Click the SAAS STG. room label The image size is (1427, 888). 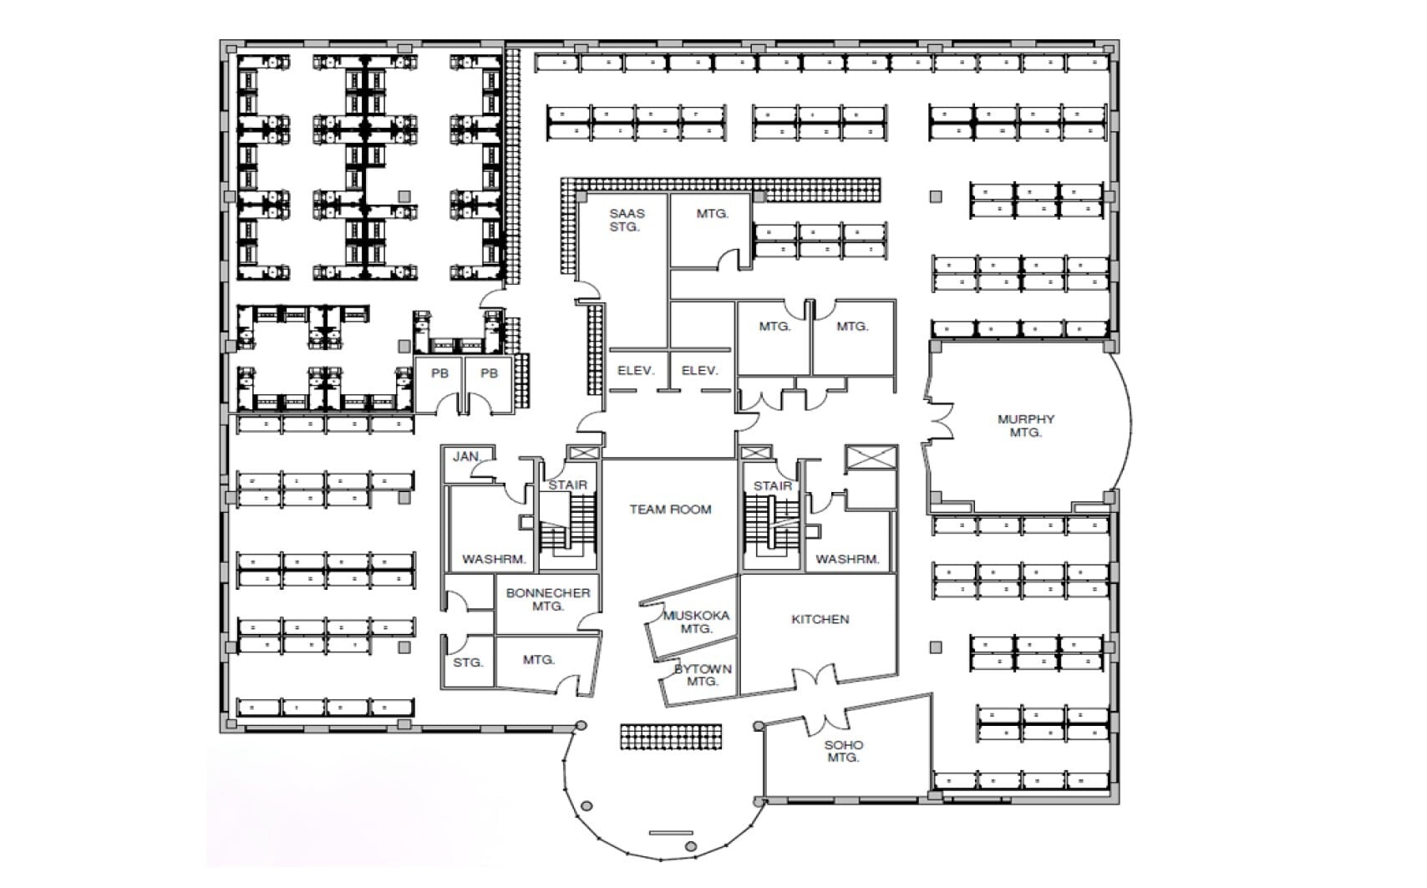(626, 221)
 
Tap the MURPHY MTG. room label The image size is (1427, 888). (1025, 426)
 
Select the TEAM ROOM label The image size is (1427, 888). (670, 509)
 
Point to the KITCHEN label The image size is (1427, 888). (820, 619)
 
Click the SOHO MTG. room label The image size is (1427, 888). (844, 751)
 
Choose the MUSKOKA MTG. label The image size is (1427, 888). (696, 622)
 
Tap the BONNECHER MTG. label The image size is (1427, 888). (548, 599)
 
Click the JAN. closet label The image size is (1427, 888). (466, 456)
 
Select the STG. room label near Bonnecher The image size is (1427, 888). (468, 662)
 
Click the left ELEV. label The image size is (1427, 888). (635, 370)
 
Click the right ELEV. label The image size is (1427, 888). (699, 370)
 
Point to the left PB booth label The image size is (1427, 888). (439, 373)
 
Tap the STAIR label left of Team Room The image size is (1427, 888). (567, 485)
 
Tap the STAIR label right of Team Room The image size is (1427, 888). (772, 485)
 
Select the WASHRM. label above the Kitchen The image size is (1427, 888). (847, 559)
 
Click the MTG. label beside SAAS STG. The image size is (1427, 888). (712, 214)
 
